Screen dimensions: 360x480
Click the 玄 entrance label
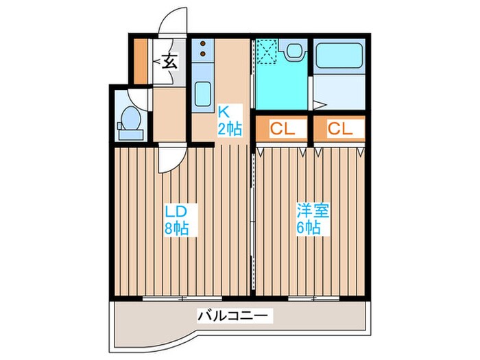pyautogui.click(x=169, y=62)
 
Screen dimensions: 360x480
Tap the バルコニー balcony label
pyautogui.click(x=235, y=316)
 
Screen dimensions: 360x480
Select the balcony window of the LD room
pyautogui.click(x=182, y=298)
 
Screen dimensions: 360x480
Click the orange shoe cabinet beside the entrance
pyautogui.click(x=139, y=60)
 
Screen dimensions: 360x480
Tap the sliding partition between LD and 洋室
pyautogui.click(x=253, y=219)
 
